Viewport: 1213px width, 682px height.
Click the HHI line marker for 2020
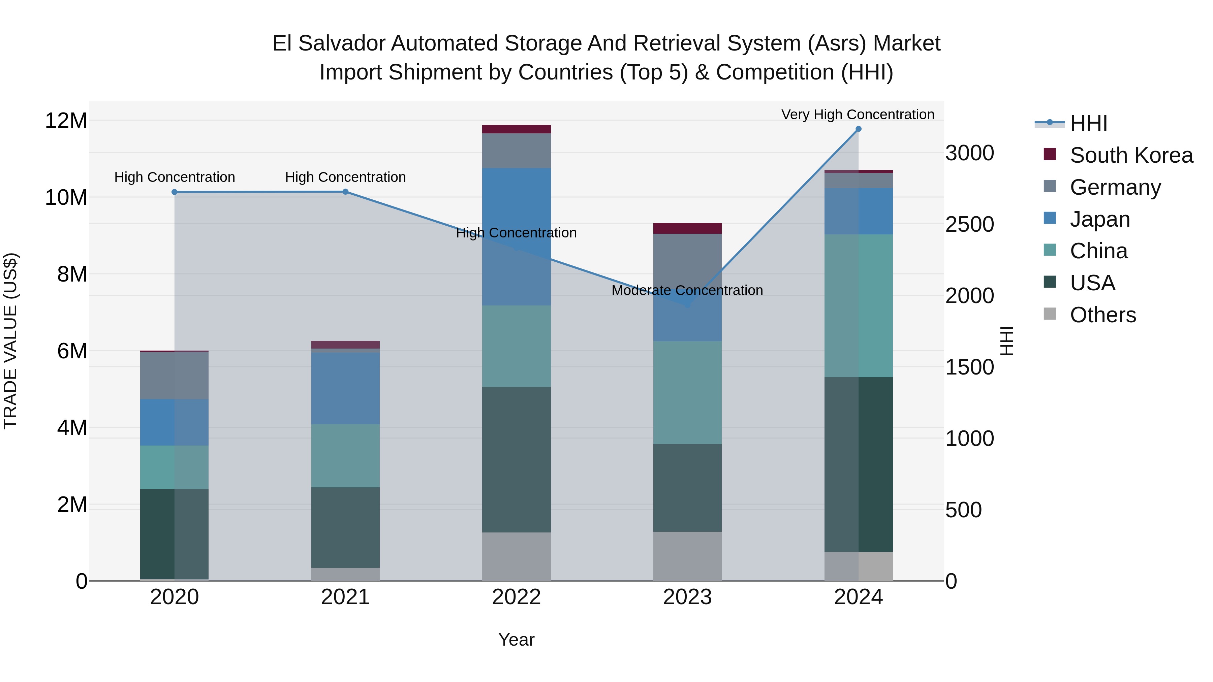click(174, 192)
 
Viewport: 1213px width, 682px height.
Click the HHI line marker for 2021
click(345, 192)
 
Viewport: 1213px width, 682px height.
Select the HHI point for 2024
click(858, 129)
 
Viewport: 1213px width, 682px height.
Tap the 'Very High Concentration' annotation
click(858, 115)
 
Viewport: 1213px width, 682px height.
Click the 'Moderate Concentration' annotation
click(687, 290)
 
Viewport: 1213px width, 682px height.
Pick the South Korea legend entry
click(1131, 155)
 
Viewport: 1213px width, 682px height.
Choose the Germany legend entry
click(1115, 187)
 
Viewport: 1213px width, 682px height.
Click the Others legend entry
click(1102, 315)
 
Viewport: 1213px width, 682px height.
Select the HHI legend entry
click(1088, 123)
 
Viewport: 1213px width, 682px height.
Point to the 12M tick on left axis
click(66, 121)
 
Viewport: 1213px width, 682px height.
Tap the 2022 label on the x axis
click(516, 597)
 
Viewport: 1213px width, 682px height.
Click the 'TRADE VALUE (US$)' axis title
click(10, 341)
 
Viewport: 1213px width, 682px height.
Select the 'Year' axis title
click(516, 640)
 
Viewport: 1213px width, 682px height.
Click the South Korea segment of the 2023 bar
click(687, 228)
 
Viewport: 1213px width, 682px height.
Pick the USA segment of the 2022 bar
click(516, 459)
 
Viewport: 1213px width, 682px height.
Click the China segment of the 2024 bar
click(858, 305)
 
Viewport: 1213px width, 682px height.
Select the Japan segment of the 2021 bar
click(345, 388)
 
